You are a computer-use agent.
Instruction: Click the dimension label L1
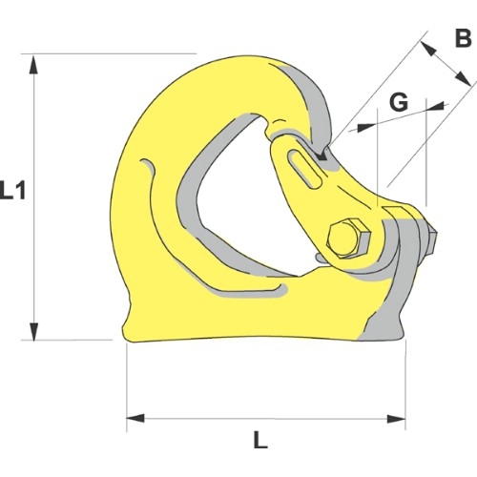(x=12, y=190)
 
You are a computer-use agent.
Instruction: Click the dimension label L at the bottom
(x=260, y=438)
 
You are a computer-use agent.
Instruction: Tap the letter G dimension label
(x=399, y=103)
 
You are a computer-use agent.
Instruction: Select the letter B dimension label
(x=464, y=38)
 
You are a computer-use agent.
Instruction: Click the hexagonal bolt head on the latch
(x=348, y=238)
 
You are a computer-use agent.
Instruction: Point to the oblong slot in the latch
(x=305, y=169)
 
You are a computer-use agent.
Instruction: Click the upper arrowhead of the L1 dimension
(x=33, y=64)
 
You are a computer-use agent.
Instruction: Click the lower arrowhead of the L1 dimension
(x=33, y=331)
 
